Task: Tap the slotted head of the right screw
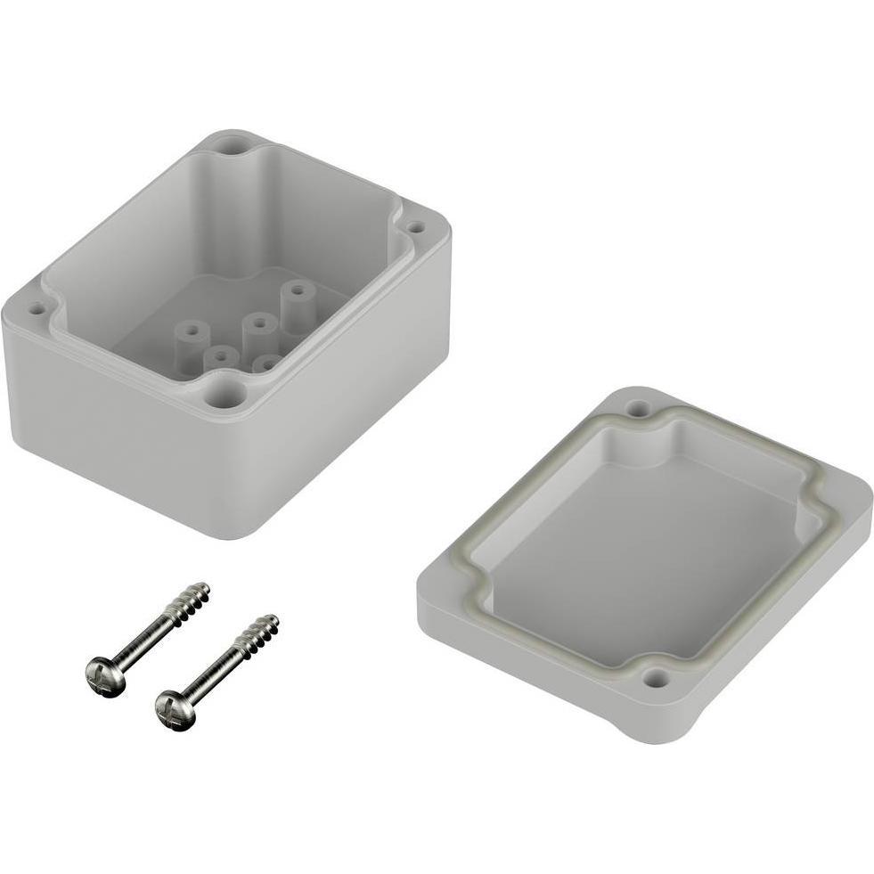click(x=174, y=710)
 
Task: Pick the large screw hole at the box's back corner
click(x=231, y=145)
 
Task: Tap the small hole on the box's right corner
click(x=414, y=227)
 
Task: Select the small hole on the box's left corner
click(x=37, y=309)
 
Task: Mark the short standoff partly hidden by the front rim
click(x=265, y=363)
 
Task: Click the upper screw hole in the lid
click(x=637, y=409)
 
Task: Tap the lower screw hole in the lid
click(x=657, y=681)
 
